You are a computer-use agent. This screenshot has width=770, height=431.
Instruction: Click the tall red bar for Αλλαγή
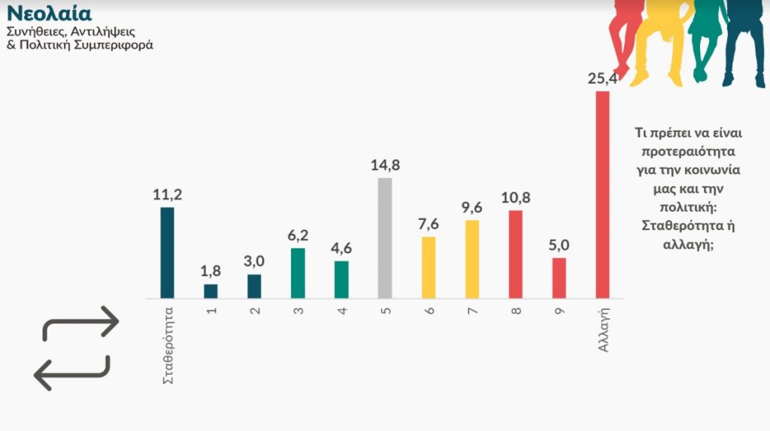point(602,195)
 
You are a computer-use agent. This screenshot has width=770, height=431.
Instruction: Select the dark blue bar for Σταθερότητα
point(167,253)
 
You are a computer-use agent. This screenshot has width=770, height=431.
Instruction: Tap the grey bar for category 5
point(384,238)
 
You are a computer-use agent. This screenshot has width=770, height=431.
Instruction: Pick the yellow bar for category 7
point(471,259)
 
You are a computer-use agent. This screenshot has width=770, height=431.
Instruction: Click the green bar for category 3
point(298,273)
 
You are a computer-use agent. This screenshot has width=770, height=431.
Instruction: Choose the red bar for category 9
point(559,278)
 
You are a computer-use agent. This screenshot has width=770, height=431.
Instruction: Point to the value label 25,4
point(602,78)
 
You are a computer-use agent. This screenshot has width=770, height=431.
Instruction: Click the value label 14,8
point(385,165)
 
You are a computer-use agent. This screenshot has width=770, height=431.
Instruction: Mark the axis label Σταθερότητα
point(168,344)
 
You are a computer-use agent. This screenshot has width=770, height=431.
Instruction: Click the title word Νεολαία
point(49,14)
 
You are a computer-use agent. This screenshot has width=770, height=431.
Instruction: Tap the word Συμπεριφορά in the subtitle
point(114,45)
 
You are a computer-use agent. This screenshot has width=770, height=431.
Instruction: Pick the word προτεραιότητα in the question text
point(683,151)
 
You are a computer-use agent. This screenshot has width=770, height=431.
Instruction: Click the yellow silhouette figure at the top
point(658,38)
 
